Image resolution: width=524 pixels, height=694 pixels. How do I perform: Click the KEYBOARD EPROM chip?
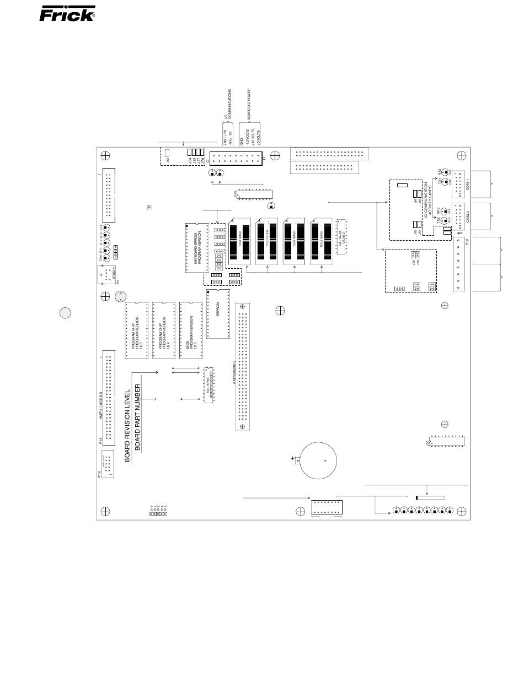197,247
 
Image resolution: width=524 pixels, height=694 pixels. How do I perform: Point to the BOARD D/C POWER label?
249,105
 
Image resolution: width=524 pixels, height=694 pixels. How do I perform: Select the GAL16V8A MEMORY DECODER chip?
209,384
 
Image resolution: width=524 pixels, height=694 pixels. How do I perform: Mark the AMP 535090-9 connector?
242,366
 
